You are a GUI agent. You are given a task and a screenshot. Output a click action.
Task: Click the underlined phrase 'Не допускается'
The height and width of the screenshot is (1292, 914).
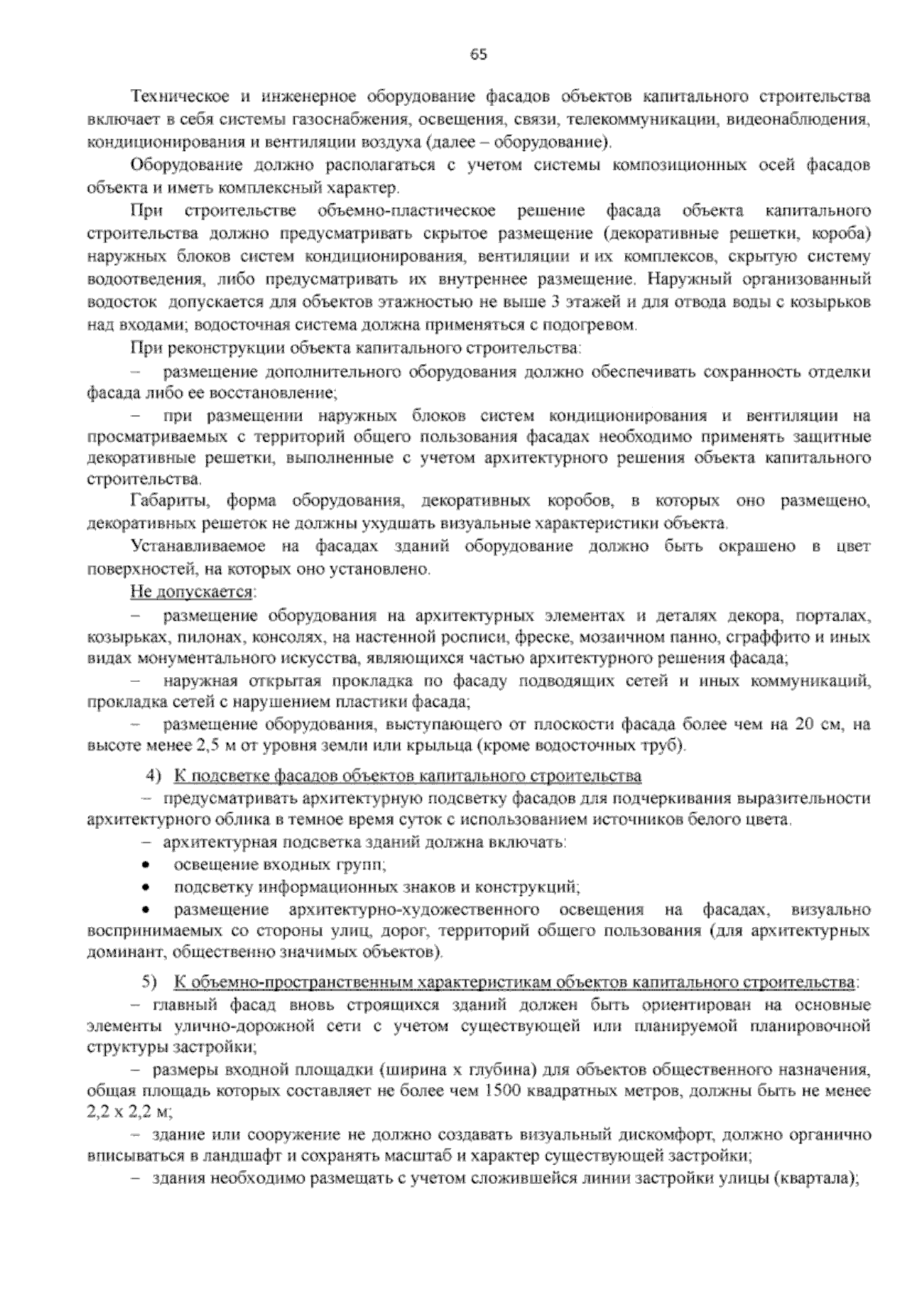[x=192, y=591]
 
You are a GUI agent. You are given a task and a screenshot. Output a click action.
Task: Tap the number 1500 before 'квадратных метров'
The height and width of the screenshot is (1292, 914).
[x=499, y=1091]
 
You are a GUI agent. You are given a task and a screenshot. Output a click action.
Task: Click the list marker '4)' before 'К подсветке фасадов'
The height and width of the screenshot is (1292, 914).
[x=155, y=776]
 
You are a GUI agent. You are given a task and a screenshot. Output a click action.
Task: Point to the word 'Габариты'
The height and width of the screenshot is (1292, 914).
[x=168, y=502]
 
